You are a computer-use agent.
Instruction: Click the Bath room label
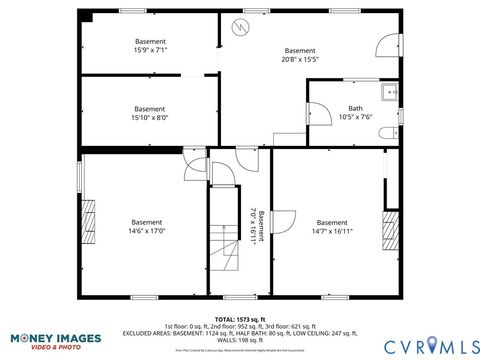pos(355,108)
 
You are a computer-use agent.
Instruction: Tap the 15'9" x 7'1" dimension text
pos(150,49)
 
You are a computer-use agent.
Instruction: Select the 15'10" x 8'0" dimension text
pos(150,117)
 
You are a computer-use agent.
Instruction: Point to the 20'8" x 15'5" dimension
pos(299,59)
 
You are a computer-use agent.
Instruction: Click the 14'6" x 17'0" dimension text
pos(147,230)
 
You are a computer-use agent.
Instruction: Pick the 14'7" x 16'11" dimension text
pos(332,231)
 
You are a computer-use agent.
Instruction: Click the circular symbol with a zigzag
pos(239,25)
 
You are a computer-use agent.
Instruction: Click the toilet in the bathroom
pos(394,131)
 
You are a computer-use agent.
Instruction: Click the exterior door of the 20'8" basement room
pos(386,44)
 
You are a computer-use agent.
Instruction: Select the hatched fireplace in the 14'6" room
pos(87,220)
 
